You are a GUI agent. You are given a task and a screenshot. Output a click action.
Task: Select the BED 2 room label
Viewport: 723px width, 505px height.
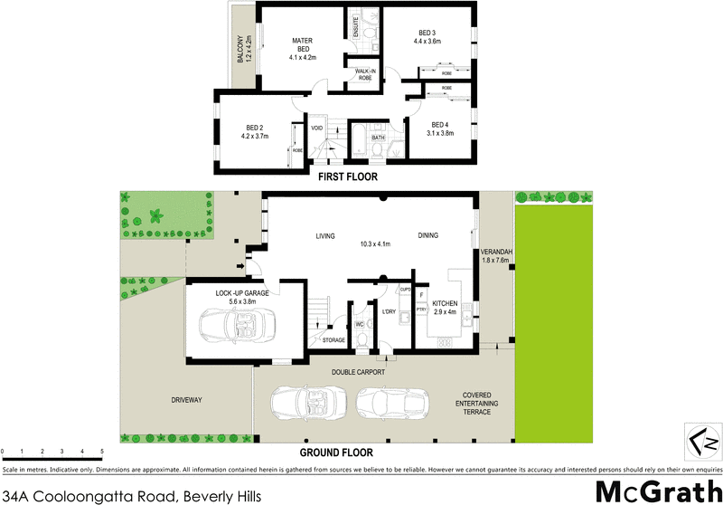[x=254, y=128]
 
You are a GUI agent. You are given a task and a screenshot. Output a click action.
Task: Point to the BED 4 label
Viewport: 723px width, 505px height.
[x=439, y=124]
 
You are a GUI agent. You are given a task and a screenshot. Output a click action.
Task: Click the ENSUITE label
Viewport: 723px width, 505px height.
[x=356, y=26]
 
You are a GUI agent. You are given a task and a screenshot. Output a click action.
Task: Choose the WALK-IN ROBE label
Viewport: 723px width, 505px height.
[x=365, y=73]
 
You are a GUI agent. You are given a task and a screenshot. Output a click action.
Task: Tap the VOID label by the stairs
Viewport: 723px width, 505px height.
[x=316, y=128]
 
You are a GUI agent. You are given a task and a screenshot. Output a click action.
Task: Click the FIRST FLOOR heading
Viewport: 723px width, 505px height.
[x=347, y=177]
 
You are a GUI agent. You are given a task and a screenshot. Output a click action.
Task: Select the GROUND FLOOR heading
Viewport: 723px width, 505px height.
[x=337, y=452]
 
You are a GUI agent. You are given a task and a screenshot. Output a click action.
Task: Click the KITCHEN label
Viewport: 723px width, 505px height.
[x=445, y=304]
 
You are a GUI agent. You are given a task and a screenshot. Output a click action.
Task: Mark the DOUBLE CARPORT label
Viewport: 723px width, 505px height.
[x=357, y=372]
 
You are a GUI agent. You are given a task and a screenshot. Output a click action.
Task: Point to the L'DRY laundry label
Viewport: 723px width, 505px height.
[x=390, y=311]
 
